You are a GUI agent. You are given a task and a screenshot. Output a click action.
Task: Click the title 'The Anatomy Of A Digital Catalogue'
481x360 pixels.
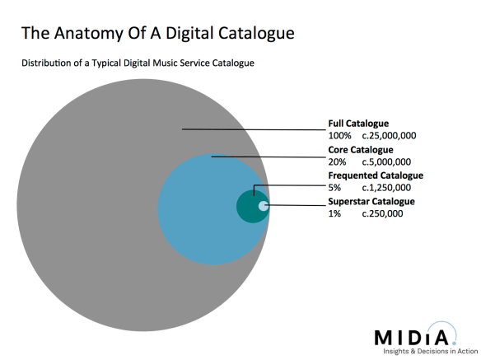tap(156, 34)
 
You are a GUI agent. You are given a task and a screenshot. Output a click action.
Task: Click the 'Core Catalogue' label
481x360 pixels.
tap(361, 150)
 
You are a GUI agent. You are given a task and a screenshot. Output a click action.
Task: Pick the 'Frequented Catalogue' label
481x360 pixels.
tap(376, 175)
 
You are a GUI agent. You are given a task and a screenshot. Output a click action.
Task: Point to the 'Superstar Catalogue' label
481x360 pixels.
tap(371, 201)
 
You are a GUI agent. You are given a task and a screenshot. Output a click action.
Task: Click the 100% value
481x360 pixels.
tap(339, 136)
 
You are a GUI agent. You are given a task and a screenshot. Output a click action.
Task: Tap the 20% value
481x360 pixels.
tap(337, 162)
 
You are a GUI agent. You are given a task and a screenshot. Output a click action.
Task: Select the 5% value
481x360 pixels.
tap(334, 188)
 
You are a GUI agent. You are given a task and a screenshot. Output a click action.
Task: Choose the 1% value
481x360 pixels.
tap(334, 213)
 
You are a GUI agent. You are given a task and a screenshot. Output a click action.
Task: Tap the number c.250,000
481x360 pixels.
tap(383, 213)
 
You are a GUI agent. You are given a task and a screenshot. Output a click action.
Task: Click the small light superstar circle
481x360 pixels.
tap(263, 206)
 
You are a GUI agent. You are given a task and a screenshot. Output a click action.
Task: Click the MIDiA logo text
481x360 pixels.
tap(409, 338)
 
